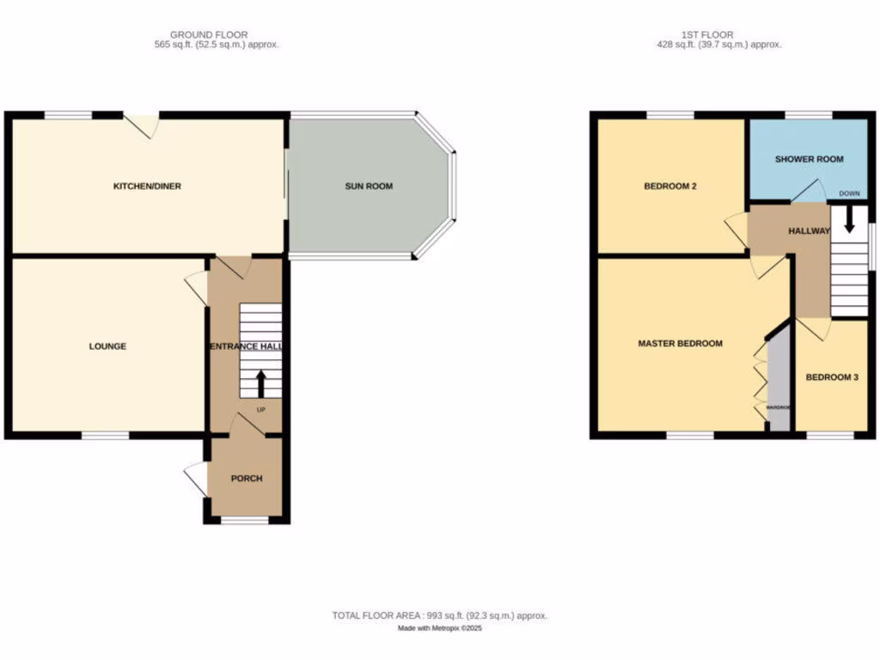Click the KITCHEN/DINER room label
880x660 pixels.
148,186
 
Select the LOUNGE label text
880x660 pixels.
107,346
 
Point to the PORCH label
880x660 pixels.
247,479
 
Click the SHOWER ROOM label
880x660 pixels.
809,159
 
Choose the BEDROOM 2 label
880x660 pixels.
669,186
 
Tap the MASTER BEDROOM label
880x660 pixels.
680,344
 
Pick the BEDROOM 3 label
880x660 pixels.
831,377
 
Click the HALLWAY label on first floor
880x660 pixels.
809,231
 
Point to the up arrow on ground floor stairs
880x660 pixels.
260,381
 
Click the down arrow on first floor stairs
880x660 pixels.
849,223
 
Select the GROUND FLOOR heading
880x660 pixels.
198,34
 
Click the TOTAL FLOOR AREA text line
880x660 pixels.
439,615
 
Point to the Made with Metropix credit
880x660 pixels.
439,628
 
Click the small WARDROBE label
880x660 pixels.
779,407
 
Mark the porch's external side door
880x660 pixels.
196,479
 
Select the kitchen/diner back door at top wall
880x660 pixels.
143,125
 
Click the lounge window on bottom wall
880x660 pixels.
105,436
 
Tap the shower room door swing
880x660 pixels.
805,192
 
